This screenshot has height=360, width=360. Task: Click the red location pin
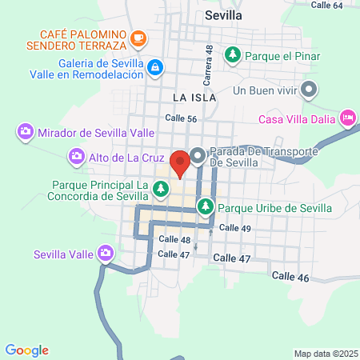point(180,162)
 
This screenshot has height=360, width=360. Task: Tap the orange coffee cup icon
point(139,37)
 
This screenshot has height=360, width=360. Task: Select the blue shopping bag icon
point(155,68)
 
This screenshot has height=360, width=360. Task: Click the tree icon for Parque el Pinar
point(233,54)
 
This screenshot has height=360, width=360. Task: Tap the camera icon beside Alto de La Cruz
point(77,155)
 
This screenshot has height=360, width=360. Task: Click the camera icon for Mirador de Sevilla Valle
point(25,130)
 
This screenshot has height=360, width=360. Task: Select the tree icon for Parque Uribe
point(206,206)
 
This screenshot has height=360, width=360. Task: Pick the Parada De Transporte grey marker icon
point(197,154)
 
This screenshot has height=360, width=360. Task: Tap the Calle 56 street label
point(181,118)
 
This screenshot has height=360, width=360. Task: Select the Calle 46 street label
point(290,275)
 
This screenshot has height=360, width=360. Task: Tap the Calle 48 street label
point(174,239)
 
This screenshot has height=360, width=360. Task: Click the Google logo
point(27,350)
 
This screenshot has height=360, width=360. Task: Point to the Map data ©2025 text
point(326,354)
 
